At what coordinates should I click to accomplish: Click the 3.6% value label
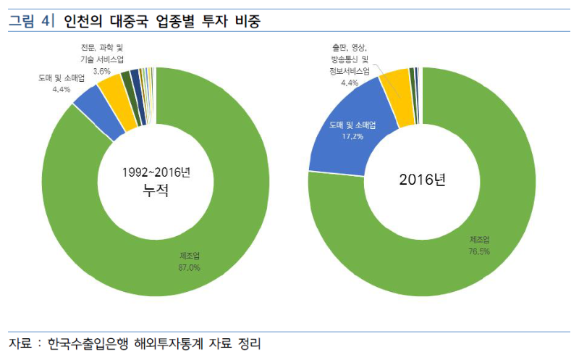(x=101, y=71)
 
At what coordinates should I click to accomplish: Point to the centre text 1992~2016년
(x=156, y=172)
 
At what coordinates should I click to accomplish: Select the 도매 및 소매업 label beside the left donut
(x=61, y=78)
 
